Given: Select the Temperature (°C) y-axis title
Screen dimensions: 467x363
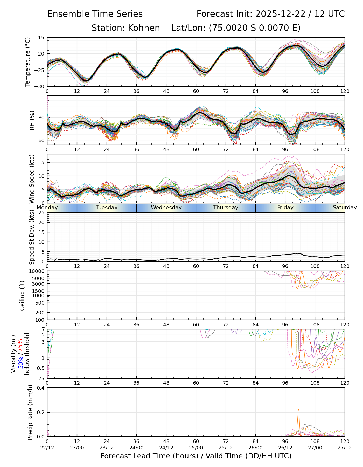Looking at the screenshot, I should (x=28, y=62).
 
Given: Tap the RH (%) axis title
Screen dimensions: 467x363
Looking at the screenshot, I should (x=32, y=120).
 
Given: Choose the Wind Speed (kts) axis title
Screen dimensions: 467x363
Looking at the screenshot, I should (x=32, y=179).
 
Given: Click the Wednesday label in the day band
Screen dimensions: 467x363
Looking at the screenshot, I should (x=166, y=208).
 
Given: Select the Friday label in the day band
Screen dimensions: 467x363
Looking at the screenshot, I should (x=285, y=208).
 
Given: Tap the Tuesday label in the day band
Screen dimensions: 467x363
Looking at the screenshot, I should (x=107, y=208).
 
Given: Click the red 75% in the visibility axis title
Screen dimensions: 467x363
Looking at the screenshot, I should (x=20, y=345).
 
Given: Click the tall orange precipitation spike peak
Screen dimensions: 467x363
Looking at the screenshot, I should (x=298, y=410).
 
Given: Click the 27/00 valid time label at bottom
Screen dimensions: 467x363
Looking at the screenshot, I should (x=315, y=448).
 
